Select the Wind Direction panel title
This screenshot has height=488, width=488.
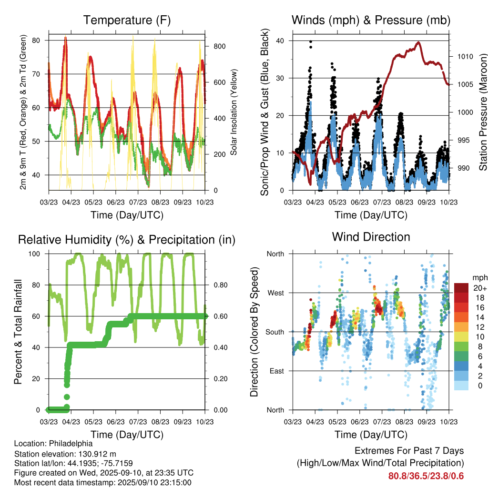click(x=371, y=237)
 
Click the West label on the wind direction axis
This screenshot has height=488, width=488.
click(x=275, y=293)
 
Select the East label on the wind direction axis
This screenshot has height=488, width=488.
click(x=276, y=371)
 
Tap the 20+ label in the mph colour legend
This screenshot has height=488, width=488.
click(x=479, y=288)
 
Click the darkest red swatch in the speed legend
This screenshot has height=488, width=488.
click(x=461, y=288)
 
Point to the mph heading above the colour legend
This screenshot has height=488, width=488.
click(x=479, y=278)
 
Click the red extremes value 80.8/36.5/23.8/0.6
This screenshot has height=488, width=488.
click(x=426, y=476)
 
